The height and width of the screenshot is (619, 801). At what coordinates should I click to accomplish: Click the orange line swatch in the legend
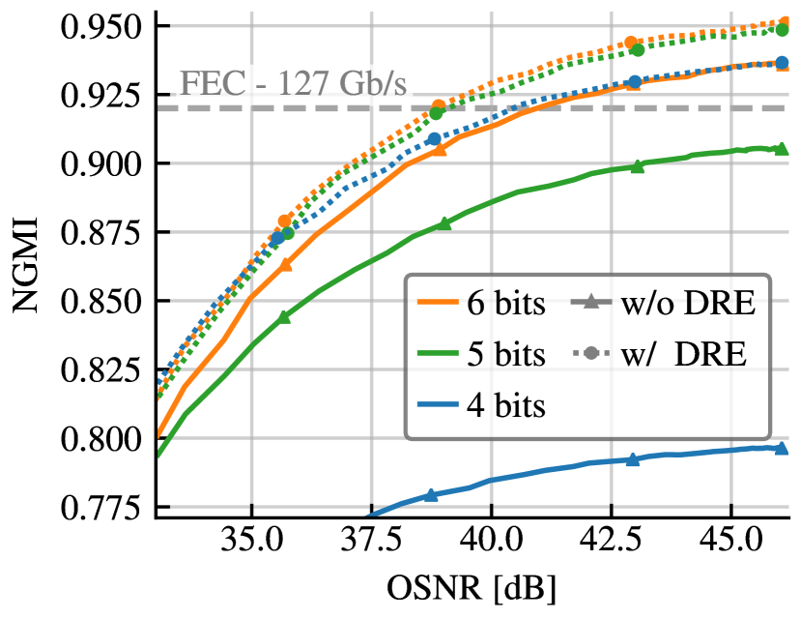point(438,302)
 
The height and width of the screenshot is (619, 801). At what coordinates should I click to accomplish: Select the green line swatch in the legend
point(438,353)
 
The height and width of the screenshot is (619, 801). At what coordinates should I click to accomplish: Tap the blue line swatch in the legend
point(438,403)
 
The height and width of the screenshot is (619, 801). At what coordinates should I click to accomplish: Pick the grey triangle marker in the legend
point(590,301)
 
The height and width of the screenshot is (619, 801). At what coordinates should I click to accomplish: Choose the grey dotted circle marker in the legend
point(590,353)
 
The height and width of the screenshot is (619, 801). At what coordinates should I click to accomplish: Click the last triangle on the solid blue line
point(781,447)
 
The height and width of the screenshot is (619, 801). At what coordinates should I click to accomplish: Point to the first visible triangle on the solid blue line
point(431,494)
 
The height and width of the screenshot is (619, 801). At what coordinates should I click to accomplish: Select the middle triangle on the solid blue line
point(632,459)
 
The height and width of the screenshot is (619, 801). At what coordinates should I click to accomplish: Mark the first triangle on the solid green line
point(284,316)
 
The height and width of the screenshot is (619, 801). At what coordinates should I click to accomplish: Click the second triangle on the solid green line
point(444,223)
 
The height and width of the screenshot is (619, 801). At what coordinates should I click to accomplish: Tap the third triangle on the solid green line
point(637,166)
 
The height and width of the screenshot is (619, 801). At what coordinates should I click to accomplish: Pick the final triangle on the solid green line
point(781,148)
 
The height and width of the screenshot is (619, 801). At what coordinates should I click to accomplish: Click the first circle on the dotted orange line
point(285,221)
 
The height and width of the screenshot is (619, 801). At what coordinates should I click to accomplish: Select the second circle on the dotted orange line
point(439,105)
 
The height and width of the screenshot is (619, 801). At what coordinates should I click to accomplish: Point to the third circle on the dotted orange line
point(631,44)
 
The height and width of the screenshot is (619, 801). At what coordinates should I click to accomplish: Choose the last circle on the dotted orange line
point(784,22)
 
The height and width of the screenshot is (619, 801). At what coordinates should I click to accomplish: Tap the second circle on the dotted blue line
point(434,138)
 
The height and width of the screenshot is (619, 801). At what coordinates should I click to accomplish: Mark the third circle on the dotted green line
point(638,49)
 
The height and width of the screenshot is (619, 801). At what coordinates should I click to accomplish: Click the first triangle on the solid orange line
point(285,263)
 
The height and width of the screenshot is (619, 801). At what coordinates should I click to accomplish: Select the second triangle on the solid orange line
point(440,149)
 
